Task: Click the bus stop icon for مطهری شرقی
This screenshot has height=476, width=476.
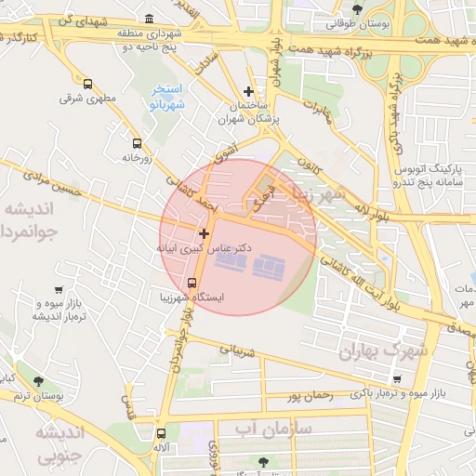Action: [87, 84]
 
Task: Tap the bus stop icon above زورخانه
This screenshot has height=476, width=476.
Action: [138, 143]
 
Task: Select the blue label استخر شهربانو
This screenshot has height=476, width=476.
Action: [167, 98]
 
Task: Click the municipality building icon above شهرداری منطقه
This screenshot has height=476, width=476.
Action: [151, 19]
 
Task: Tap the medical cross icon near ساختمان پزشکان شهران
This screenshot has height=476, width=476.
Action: [247, 91]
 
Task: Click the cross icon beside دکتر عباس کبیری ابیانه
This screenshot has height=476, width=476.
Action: [204, 232]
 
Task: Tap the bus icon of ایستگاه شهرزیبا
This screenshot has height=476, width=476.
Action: [192, 282]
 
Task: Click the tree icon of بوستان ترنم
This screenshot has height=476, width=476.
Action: [38, 381]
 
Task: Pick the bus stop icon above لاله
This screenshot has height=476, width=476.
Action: [162, 432]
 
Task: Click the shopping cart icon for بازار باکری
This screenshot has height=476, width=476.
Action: [398, 379]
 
